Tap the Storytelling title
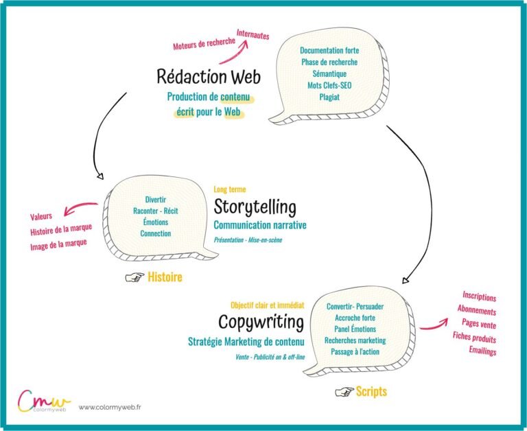coord(255,207)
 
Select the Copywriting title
coord(261,321)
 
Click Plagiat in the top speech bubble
coord(329,97)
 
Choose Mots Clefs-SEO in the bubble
coord(329,85)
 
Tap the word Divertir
coord(156,200)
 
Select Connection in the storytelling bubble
coord(156,233)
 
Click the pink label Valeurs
coord(42,215)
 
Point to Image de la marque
coord(59,245)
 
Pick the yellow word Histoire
coord(165,277)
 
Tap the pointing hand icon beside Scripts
coord(343,391)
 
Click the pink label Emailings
coord(482,351)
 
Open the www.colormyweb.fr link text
coord(105,407)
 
